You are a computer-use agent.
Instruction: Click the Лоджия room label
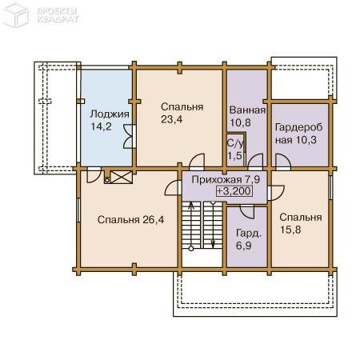[110, 114]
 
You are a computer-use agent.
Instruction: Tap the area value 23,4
[171, 119]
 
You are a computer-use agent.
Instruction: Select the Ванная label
[247, 110]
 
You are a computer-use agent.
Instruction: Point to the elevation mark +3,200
[234, 191]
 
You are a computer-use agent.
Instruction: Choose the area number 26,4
[154, 220]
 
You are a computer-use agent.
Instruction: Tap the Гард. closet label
[249, 234]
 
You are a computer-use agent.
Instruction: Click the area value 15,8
[290, 230]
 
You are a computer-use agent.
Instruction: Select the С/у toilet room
[235, 150]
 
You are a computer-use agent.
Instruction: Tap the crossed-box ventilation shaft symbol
[122, 177]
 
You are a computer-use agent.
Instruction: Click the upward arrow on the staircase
[191, 226]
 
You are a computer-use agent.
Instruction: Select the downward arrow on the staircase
[213, 225]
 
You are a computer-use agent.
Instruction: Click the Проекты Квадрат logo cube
[15, 15]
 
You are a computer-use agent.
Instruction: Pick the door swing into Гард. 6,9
[247, 212]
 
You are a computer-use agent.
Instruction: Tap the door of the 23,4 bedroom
[197, 161]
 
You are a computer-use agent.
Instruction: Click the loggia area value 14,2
[101, 126]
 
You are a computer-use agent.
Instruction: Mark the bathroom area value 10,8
[240, 122]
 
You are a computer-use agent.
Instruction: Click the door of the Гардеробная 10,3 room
[283, 162]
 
